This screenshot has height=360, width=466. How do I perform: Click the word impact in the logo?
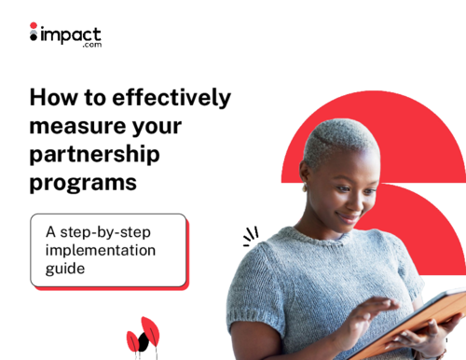coord(69,34)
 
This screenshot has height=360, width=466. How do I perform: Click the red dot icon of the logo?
coord(34,26)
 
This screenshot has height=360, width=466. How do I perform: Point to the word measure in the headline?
coord(79,126)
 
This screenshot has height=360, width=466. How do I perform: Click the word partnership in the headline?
coord(94,154)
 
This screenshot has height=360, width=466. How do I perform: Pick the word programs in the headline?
coord(83,183)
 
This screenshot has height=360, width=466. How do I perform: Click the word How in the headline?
coord(52,98)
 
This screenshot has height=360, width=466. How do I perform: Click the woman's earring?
coord(304,187)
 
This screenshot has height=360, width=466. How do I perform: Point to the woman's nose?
coord(357,199)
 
